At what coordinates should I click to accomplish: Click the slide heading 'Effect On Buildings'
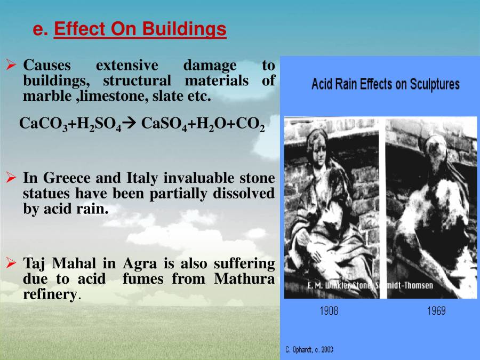pos(140,29)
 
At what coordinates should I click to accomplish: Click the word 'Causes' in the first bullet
pos(47,66)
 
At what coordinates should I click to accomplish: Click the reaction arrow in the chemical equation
pos(131,124)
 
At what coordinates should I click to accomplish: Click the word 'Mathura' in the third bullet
pos(244,279)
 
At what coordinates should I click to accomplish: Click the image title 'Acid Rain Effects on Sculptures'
pos(385,84)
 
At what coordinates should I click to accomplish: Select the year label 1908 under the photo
pos(329,311)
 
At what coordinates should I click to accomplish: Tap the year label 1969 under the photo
pos(436,311)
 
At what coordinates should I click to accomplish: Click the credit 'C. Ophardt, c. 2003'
pos(309,349)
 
